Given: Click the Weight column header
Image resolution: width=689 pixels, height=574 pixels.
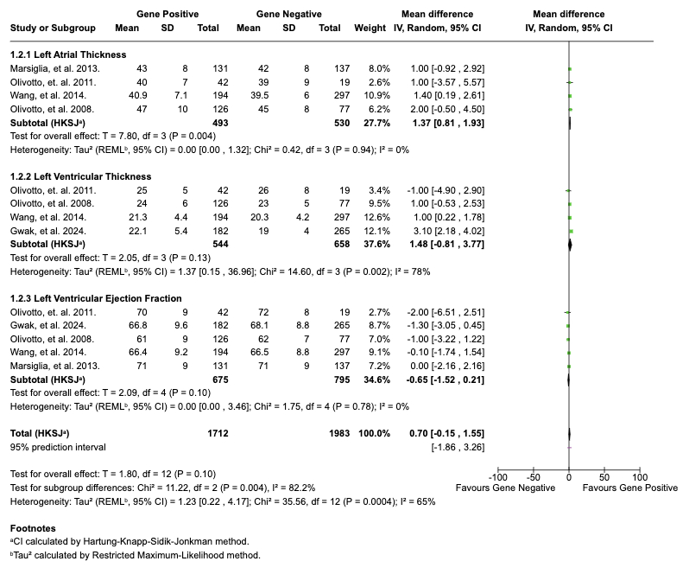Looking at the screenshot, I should [x=370, y=28].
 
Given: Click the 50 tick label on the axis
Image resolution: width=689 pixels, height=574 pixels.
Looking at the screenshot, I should [x=604, y=477].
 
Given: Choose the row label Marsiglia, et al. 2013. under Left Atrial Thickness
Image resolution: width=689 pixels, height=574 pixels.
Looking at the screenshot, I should [x=55, y=68].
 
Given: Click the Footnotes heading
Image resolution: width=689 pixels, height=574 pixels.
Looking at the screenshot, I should [x=33, y=526].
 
